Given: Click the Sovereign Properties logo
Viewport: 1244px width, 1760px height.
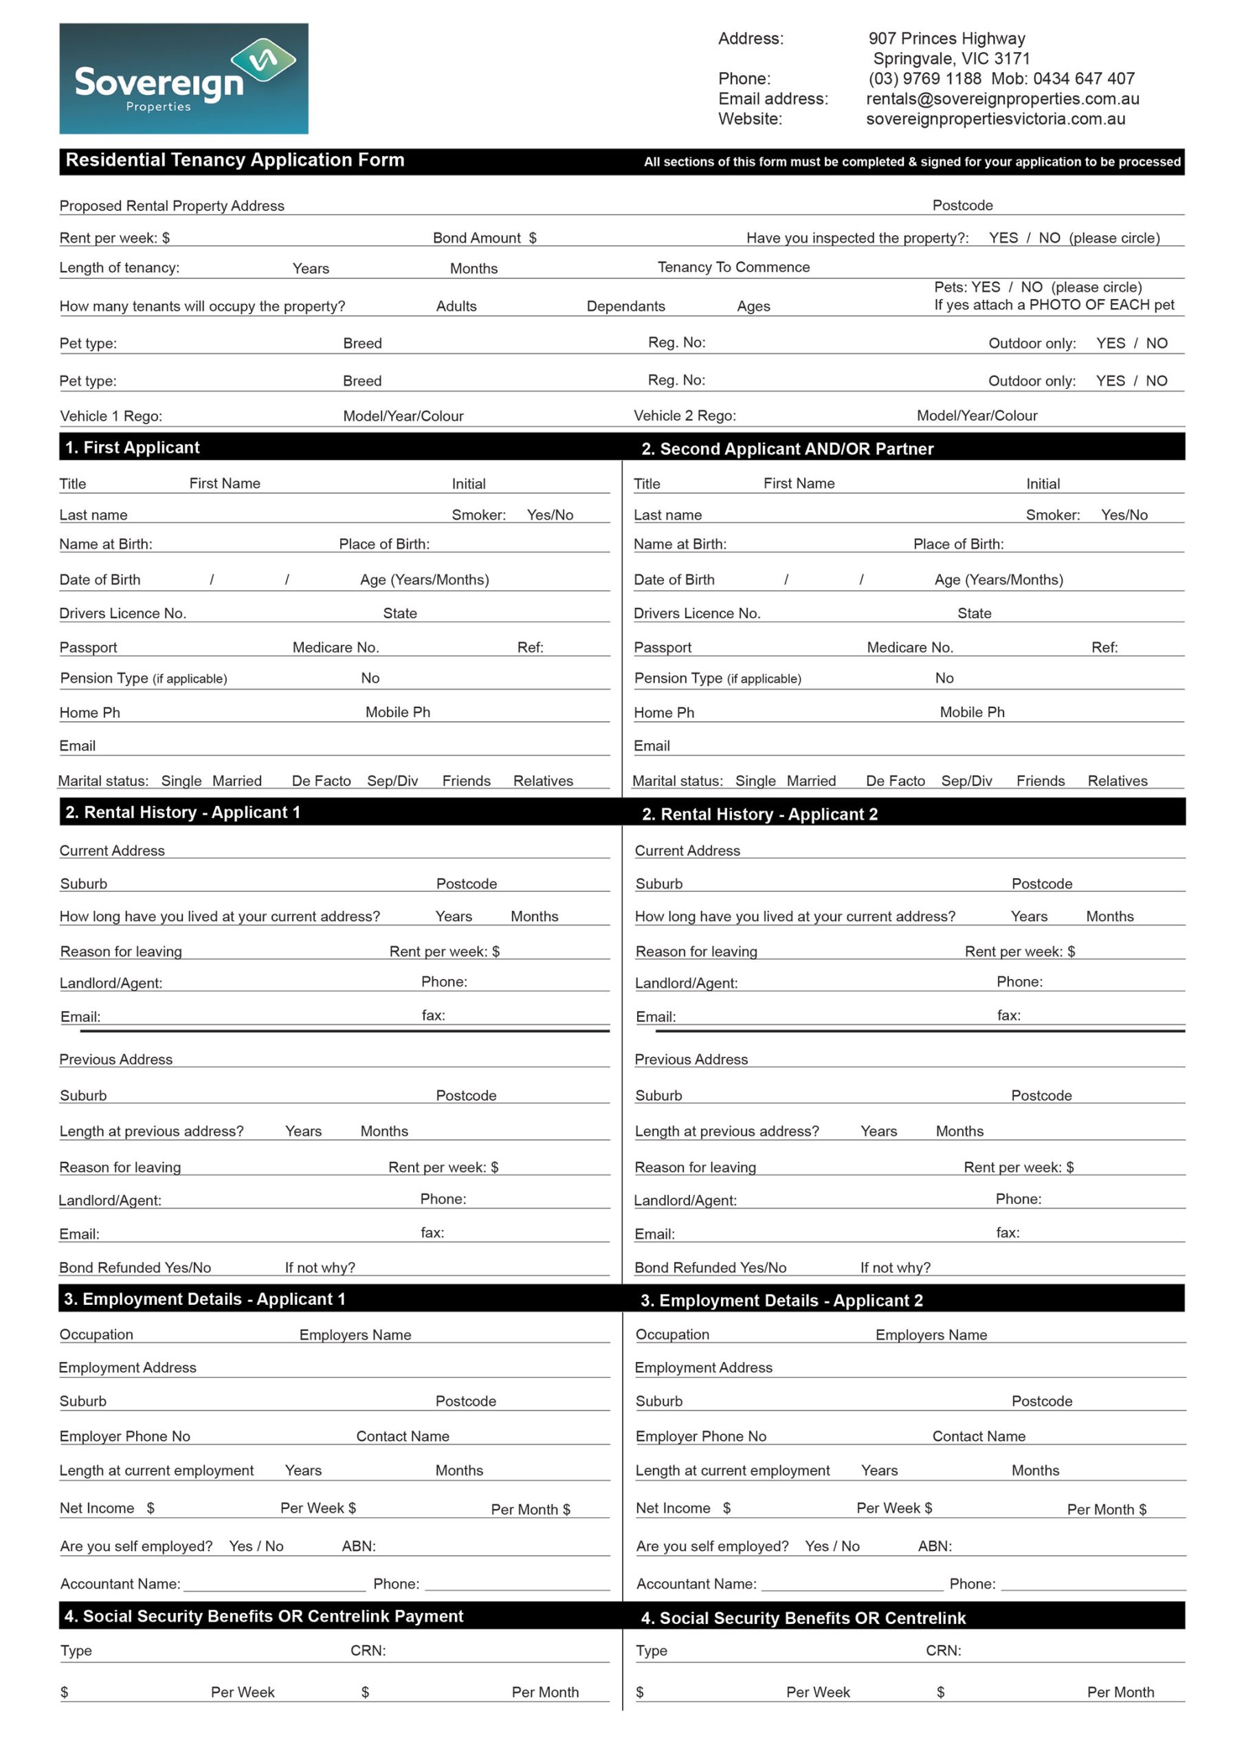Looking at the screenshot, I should tap(184, 78).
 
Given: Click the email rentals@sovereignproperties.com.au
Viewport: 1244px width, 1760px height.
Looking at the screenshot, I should tap(1002, 99).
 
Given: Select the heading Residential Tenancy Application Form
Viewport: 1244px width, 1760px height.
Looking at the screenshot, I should tap(234, 160).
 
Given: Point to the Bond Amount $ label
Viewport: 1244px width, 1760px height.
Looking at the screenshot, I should tap(485, 239).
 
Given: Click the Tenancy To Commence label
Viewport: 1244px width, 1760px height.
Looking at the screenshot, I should tap(733, 267).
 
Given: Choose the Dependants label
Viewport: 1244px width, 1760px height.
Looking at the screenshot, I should tap(625, 307).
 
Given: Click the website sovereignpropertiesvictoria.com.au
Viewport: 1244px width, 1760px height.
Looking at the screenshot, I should tap(995, 119).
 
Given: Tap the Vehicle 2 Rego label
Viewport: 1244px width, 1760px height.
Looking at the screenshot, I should tap(685, 416).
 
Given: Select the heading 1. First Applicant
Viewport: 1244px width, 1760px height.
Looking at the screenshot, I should tap(133, 448).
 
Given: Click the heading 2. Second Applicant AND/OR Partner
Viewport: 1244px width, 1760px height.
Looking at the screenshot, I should tap(787, 449).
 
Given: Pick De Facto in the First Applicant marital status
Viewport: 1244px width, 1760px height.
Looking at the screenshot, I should tap(321, 781).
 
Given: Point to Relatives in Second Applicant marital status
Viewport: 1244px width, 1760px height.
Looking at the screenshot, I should tap(1117, 781).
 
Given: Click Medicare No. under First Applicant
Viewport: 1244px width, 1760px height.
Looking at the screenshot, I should tap(335, 648).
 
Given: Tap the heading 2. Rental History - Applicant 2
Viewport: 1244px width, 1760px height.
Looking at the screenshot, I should tap(759, 814).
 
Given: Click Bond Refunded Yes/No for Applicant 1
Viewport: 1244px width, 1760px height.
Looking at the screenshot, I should tap(135, 1268).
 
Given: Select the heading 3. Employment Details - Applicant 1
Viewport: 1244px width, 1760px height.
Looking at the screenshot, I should tap(205, 1299).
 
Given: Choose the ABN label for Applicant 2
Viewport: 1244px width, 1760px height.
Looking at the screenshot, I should tap(934, 1547).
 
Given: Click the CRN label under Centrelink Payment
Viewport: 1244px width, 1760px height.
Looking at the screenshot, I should tap(368, 1651).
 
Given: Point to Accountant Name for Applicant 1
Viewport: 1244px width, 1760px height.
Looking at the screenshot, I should tap(120, 1585).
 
